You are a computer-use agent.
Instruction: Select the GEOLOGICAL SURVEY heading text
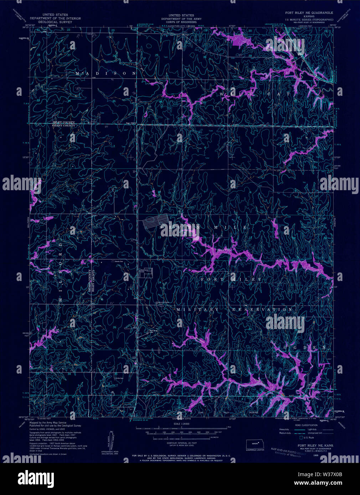pos(55,22)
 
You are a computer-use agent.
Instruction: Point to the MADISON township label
pos(106,73)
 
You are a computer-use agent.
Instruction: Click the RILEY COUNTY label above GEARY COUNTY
pos(64,123)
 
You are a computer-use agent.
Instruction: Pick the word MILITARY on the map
pos(197,310)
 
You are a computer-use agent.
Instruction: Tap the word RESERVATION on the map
pos(262,310)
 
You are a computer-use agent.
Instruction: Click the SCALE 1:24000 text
pos(182,424)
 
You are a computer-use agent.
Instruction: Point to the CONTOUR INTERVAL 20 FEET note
pos(182,443)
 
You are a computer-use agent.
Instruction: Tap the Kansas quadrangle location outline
pos(255,444)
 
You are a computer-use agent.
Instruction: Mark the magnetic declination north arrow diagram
pos(108,441)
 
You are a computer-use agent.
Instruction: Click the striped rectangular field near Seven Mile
pos(155,223)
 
